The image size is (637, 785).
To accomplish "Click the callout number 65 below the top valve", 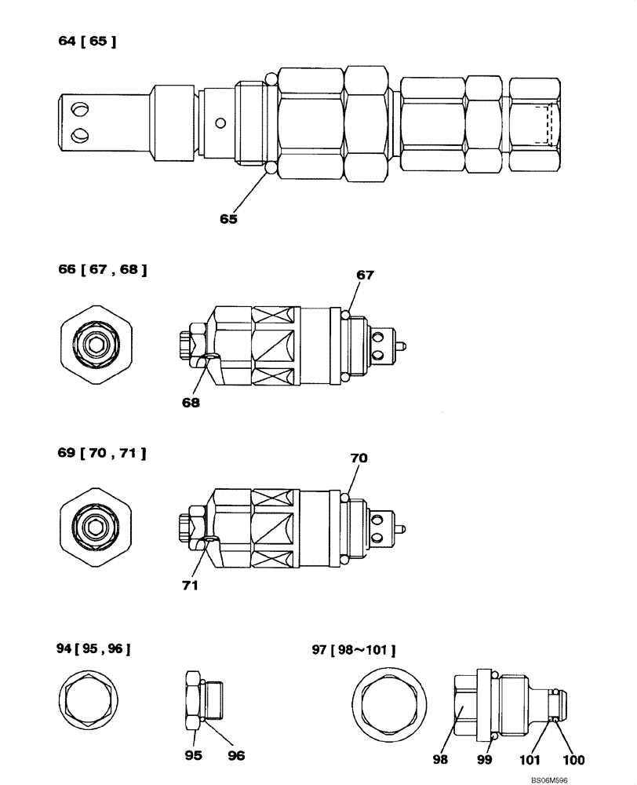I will (228, 220).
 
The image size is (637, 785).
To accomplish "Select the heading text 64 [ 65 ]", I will (87, 42).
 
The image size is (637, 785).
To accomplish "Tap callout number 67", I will (365, 276).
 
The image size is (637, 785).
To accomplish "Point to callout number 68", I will (190, 403).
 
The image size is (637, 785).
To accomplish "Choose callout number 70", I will (359, 458).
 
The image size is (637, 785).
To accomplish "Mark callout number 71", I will (190, 585).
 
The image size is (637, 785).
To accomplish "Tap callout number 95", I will (193, 755).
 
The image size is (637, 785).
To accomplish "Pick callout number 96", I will (236, 755).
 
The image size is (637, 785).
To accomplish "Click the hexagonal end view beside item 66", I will (96, 343).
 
